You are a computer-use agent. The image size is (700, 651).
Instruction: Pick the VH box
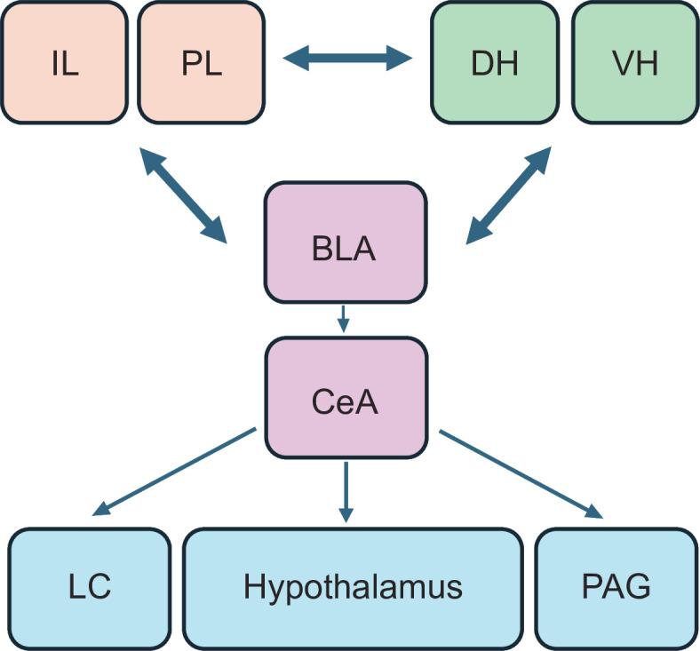point(634,62)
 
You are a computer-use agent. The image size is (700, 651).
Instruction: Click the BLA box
point(344,248)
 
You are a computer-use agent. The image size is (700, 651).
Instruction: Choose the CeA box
point(344,401)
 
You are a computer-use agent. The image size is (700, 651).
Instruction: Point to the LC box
point(89,588)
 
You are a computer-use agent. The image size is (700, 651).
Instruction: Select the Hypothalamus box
point(353,588)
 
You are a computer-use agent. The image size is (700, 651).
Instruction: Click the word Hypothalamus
point(353,588)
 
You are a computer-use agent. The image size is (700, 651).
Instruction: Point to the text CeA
point(344,401)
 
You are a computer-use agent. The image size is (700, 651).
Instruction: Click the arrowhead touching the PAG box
point(594,511)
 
